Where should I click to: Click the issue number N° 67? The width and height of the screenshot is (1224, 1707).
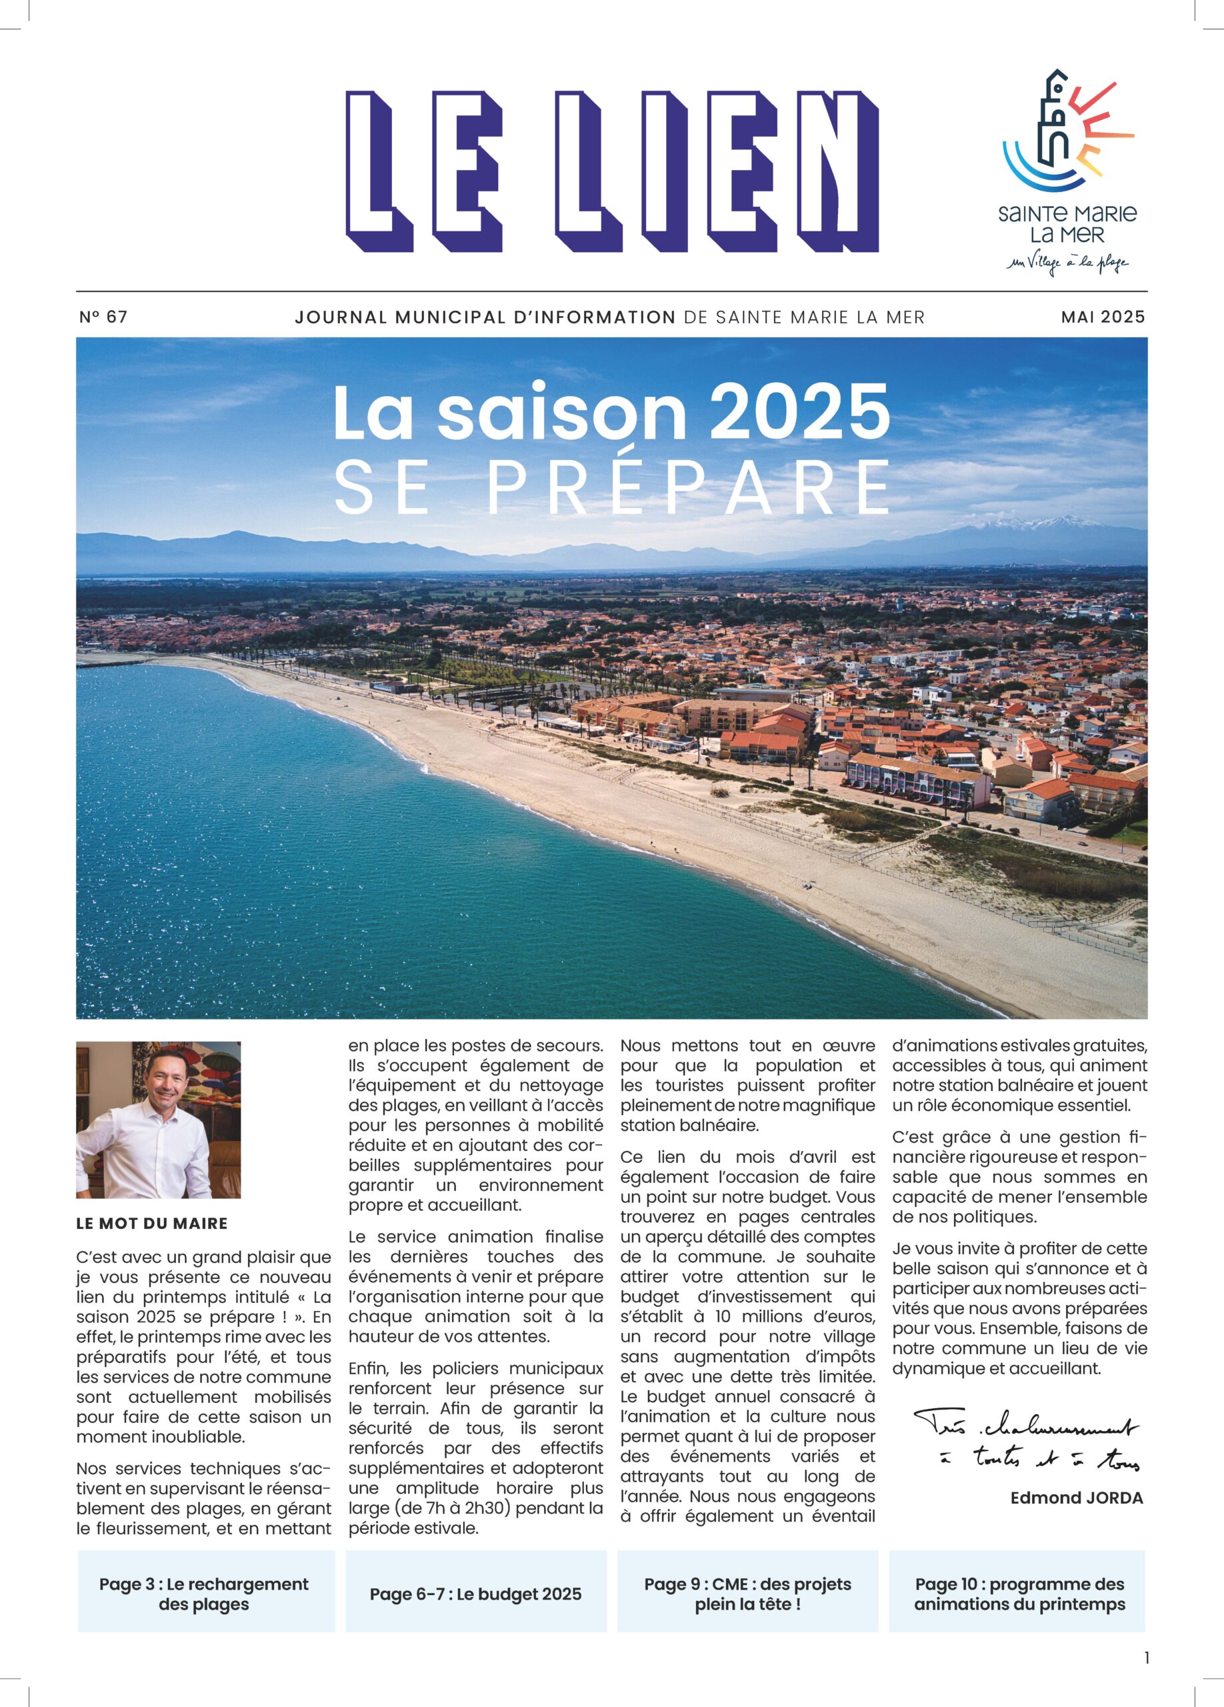click(103, 317)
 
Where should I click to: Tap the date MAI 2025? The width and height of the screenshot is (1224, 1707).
click(1102, 317)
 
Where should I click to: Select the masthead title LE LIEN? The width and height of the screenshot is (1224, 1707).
click(611, 171)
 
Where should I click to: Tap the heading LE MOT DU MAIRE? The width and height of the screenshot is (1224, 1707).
click(151, 1223)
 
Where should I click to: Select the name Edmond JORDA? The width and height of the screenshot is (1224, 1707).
click(1076, 1498)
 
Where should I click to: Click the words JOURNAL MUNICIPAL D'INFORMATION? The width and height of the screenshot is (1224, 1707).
click(485, 317)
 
